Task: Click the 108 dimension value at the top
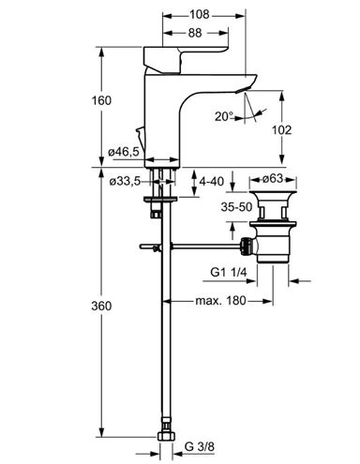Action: click(x=200, y=14)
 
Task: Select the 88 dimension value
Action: click(x=195, y=33)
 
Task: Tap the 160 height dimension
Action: click(x=101, y=100)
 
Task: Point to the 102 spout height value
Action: click(x=281, y=130)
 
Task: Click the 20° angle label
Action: click(x=224, y=116)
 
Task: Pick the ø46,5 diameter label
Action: click(x=124, y=152)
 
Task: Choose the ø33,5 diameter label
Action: click(x=125, y=181)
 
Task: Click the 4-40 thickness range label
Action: click(x=212, y=181)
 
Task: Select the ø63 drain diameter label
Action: click(x=273, y=179)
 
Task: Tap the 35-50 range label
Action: click(x=236, y=207)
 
